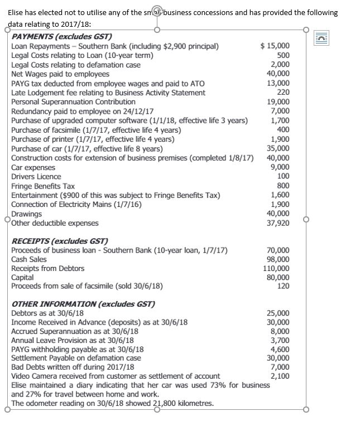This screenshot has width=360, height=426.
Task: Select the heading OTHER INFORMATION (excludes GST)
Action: point(83,304)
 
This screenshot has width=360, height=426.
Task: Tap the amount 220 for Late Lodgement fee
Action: point(284,93)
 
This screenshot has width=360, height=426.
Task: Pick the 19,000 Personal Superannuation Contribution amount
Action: point(279,101)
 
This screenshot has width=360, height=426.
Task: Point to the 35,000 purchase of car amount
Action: point(279,148)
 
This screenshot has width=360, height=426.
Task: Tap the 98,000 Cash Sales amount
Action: point(279,259)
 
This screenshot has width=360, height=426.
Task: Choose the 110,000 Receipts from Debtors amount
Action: point(277,269)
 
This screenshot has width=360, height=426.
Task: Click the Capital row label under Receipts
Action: point(22,277)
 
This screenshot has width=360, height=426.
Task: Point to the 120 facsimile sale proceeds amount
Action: point(284,286)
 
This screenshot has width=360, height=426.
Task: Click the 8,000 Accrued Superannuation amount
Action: point(281,331)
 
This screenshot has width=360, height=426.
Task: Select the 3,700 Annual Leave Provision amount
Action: point(281,340)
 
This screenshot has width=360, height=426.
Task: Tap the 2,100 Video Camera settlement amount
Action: point(281,376)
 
